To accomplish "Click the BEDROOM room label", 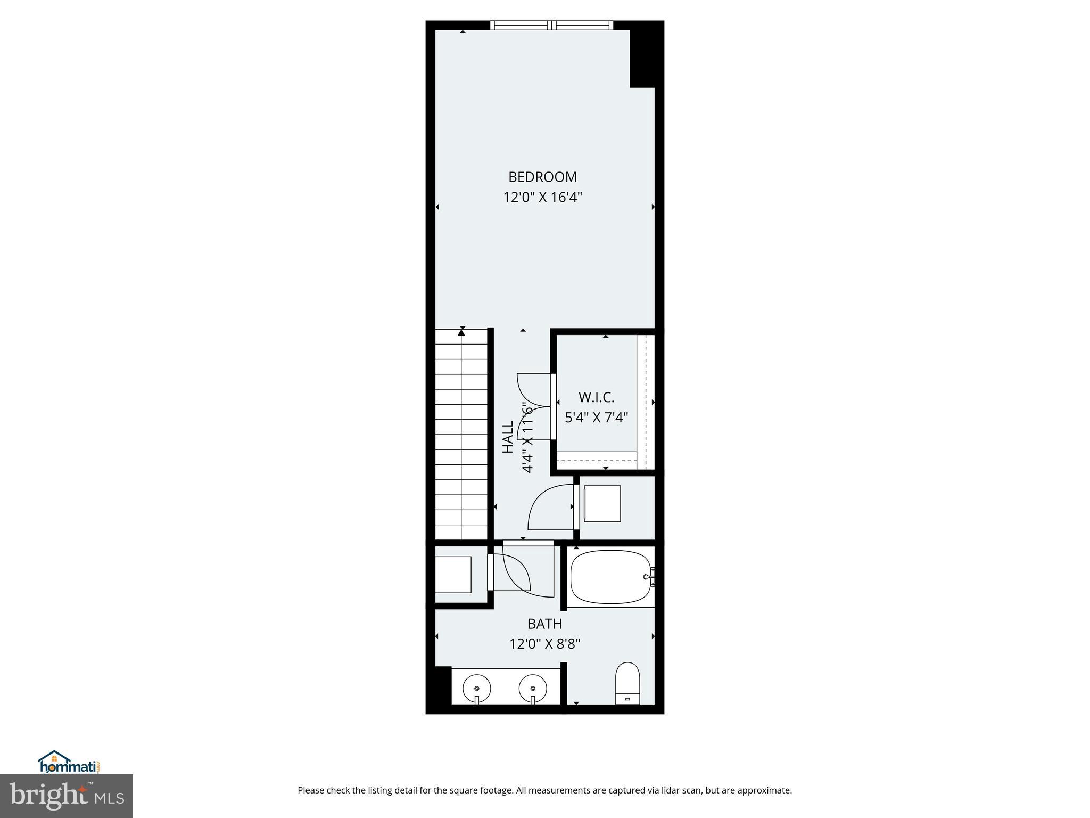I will (542, 177).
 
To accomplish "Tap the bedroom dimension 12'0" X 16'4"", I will (542, 198).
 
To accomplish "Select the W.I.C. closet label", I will (596, 397).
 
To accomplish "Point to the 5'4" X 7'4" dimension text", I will (596, 418).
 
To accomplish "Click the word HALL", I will (508, 437).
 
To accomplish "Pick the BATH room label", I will (544, 624).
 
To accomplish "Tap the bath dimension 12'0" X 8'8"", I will (544, 644).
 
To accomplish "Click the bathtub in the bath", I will (610, 577).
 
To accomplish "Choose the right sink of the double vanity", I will (533, 688).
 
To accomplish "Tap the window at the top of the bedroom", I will (551, 25).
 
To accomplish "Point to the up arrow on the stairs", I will (461, 333).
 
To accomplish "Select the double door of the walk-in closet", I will (534, 407).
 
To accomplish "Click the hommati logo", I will (69, 763).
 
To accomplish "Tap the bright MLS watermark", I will (67, 796).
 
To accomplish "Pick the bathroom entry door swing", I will (516, 572).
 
